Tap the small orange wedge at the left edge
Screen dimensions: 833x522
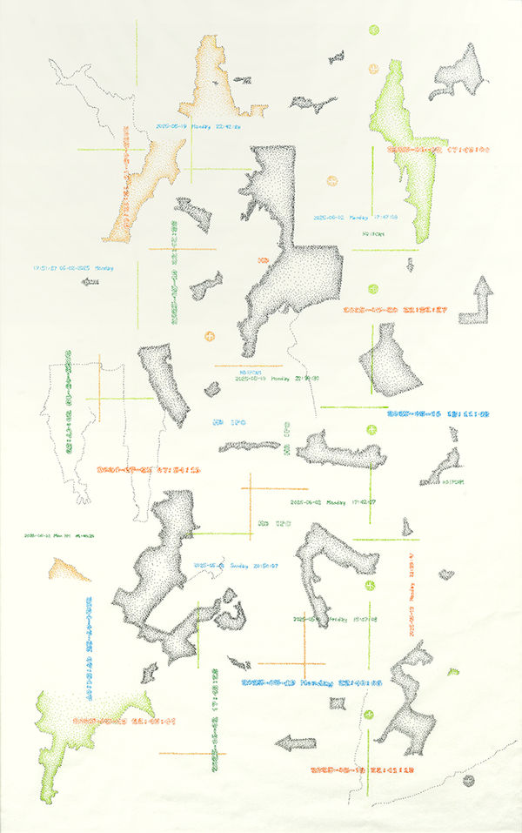click(x=68, y=571)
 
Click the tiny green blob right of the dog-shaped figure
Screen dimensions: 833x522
click(x=453, y=671)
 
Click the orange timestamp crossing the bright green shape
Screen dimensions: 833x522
click(x=439, y=150)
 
